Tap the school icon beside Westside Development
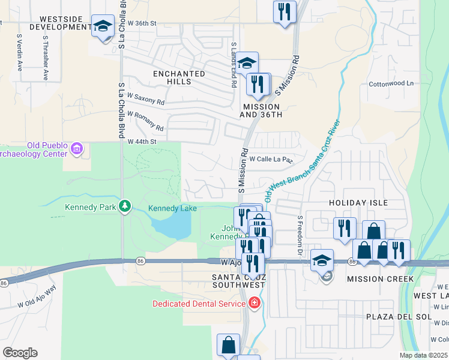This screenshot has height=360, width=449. point(103,26)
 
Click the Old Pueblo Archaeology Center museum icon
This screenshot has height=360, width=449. point(76,148)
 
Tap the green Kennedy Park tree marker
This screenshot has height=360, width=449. point(124,206)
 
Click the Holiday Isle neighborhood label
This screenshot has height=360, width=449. point(358,203)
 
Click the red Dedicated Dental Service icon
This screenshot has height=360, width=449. point(255,303)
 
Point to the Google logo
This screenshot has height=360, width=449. point(20,353)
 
